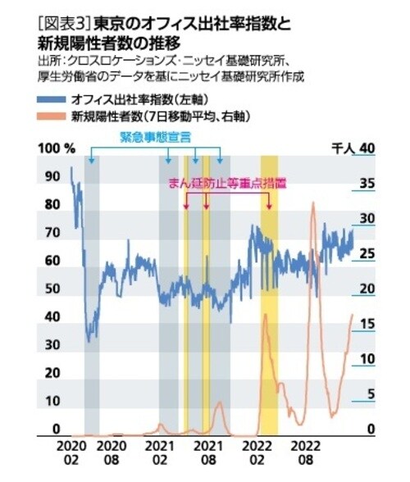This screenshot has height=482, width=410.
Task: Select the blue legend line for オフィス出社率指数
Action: pos(54,100)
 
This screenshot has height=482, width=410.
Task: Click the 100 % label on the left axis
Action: pos(58,148)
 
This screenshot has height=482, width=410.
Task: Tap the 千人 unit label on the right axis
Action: pos(342,148)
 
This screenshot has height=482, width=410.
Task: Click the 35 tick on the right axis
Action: pos(367,184)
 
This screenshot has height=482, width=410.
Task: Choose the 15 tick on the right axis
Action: pos(367,325)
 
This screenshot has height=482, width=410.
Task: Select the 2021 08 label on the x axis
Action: pos(212,453)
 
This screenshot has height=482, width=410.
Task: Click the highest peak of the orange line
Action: pos(312,202)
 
